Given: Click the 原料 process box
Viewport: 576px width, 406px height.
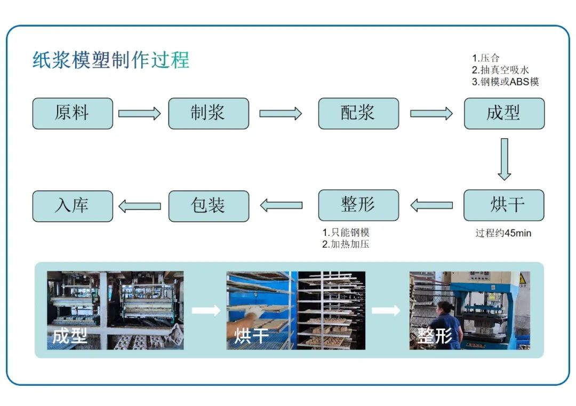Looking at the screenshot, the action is pyautogui.click(x=73, y=114).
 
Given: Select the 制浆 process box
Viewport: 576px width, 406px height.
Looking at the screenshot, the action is pyautogui.click(x=209, y=114).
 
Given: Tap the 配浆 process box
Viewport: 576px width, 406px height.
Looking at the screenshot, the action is pyautogui.click(x=358, y=114).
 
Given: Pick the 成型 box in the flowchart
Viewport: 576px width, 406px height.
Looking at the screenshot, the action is pyautogui.click(x=505, y=114).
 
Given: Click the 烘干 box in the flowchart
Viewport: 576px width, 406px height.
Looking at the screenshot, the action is pyautogui.click(x=504, y=205).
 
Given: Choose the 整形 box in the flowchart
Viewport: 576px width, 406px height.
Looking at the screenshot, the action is pyautogui.click(x=358, y=205).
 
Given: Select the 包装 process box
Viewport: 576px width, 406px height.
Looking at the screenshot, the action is pyautogui.click(x=209, y=206).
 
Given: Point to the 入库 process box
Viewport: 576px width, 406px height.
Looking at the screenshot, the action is pyautogui.click(x=73, y=206).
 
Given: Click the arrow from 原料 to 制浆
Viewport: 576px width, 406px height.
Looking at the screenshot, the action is pyautogui.click(x=140, y=114).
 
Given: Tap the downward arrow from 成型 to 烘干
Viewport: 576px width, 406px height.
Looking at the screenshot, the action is pyautogui.click(x=505, y=160).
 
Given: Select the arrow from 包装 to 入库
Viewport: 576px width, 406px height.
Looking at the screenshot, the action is pyautogui.click(x=140, y=206).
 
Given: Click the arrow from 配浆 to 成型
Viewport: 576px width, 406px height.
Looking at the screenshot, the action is pyautogui.click(x=431, y=114).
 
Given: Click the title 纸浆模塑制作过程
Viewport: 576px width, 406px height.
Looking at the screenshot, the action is pyautogui.click(x=111, y=60).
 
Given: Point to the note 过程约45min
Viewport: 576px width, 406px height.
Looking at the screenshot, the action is pyautogui.click(x=503, y=233).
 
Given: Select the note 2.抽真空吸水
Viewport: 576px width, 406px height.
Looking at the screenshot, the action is pyautogui.click(x=500, y=70).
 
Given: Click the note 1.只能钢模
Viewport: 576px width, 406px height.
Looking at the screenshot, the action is pyautogui.click(x=346, y=232).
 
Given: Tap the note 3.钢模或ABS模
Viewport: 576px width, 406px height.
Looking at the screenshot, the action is pyautogui.click(x=506, y=82).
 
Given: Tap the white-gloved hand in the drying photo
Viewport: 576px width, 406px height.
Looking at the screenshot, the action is pyautogui.click(x=253, y=314).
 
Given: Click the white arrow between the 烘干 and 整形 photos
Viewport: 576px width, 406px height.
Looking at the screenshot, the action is pyautogui.click(x=386, y=311).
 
